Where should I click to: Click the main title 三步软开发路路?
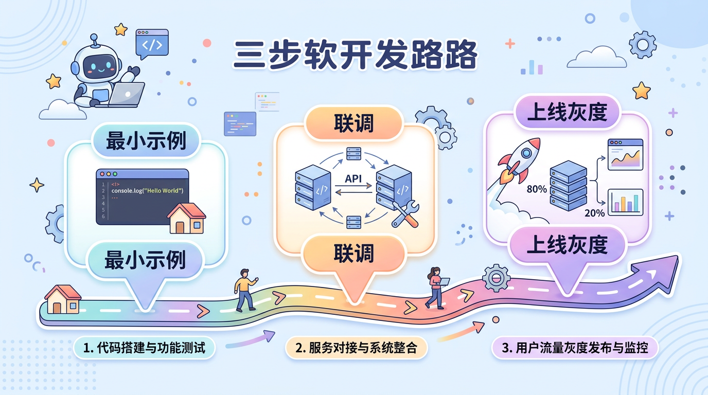pos(355,56)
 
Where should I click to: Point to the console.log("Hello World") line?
pos(147,191)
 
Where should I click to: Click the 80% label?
pos(537,189)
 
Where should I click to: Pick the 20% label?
pos(595,213)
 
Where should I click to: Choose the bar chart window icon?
pos(626,202)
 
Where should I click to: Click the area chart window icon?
pos(625,154)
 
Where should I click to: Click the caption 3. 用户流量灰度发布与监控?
pos(575,348)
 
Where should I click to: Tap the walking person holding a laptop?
pos(436,288)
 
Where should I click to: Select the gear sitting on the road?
pos(496,278)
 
